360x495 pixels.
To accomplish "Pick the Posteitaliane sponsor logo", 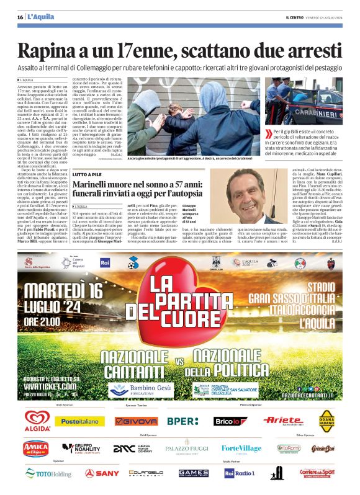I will pyautogui.click(x=79, y=421).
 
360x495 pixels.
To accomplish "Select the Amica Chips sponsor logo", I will pyautogui.click(x=35, y=448).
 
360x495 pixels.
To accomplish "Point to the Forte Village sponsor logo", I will pyautogui.click(x=241, y=448).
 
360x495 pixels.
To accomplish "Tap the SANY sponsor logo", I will pyautogui.click(x=102, y=473).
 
